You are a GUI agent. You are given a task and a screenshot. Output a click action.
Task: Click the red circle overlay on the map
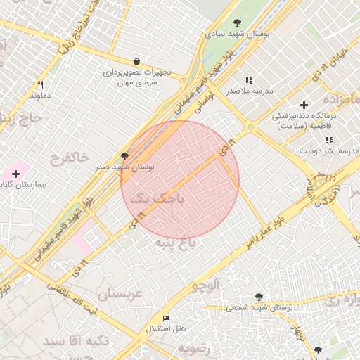tap(180, 179)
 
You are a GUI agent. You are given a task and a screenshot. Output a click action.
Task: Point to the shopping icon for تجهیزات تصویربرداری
tap(136, 62)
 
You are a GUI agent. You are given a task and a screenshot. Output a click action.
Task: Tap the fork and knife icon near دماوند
tap(41, 84)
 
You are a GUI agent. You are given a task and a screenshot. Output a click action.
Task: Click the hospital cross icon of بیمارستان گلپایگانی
tap(15, 173)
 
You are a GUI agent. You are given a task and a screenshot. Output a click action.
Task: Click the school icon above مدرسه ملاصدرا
tap(248, 81)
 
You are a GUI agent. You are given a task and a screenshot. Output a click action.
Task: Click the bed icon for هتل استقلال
tap(166, 318)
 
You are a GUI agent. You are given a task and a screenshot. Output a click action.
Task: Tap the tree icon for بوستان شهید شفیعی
tap(259, 297)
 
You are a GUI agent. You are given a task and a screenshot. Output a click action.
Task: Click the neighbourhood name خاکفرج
tap(70, 157)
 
